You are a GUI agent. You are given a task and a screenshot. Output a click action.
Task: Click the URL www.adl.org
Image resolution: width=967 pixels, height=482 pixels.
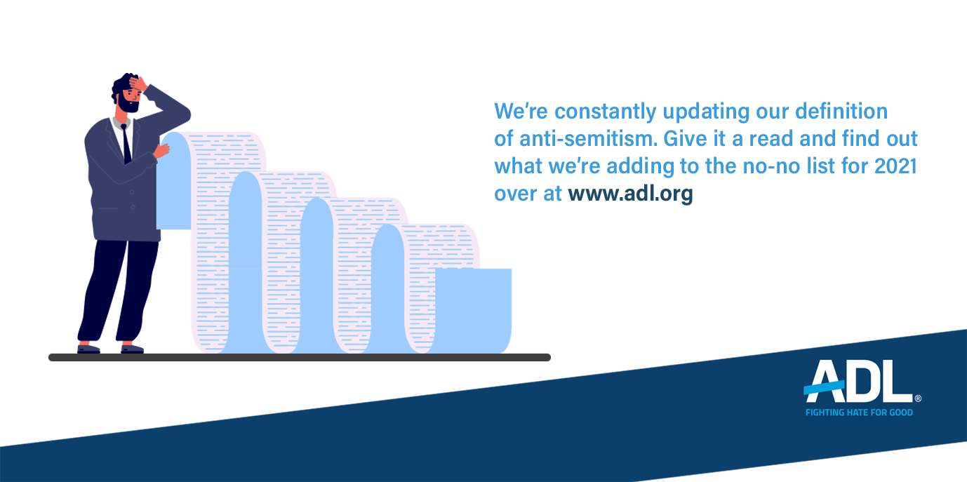point(630,194)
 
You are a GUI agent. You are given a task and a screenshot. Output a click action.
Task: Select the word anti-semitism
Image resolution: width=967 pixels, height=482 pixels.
point(588,138)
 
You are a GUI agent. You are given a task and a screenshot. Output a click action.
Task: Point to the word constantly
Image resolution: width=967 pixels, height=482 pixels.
point(605,112)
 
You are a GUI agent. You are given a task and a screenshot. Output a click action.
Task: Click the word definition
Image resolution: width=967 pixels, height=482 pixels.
point(841,111)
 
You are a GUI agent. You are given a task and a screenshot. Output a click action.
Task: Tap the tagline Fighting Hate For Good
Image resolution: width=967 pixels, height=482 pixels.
point(859,413)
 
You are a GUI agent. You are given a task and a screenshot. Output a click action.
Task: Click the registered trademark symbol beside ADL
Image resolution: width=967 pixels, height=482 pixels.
point(918,399)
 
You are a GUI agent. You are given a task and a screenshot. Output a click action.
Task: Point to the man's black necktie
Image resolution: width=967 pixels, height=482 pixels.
point(126,144)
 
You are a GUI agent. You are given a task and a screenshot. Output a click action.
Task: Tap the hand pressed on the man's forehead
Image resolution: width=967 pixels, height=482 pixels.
point(138,83)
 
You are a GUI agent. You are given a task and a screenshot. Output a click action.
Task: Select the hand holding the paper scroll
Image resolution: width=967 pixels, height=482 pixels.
point(162,150)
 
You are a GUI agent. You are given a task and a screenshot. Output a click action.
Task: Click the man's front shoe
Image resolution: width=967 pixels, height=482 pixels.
point(132,349)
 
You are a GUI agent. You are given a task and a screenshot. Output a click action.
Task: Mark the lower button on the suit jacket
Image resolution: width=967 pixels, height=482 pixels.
point(133,208)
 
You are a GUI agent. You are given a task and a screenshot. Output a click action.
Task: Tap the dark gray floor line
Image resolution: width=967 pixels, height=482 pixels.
point(300,357)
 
